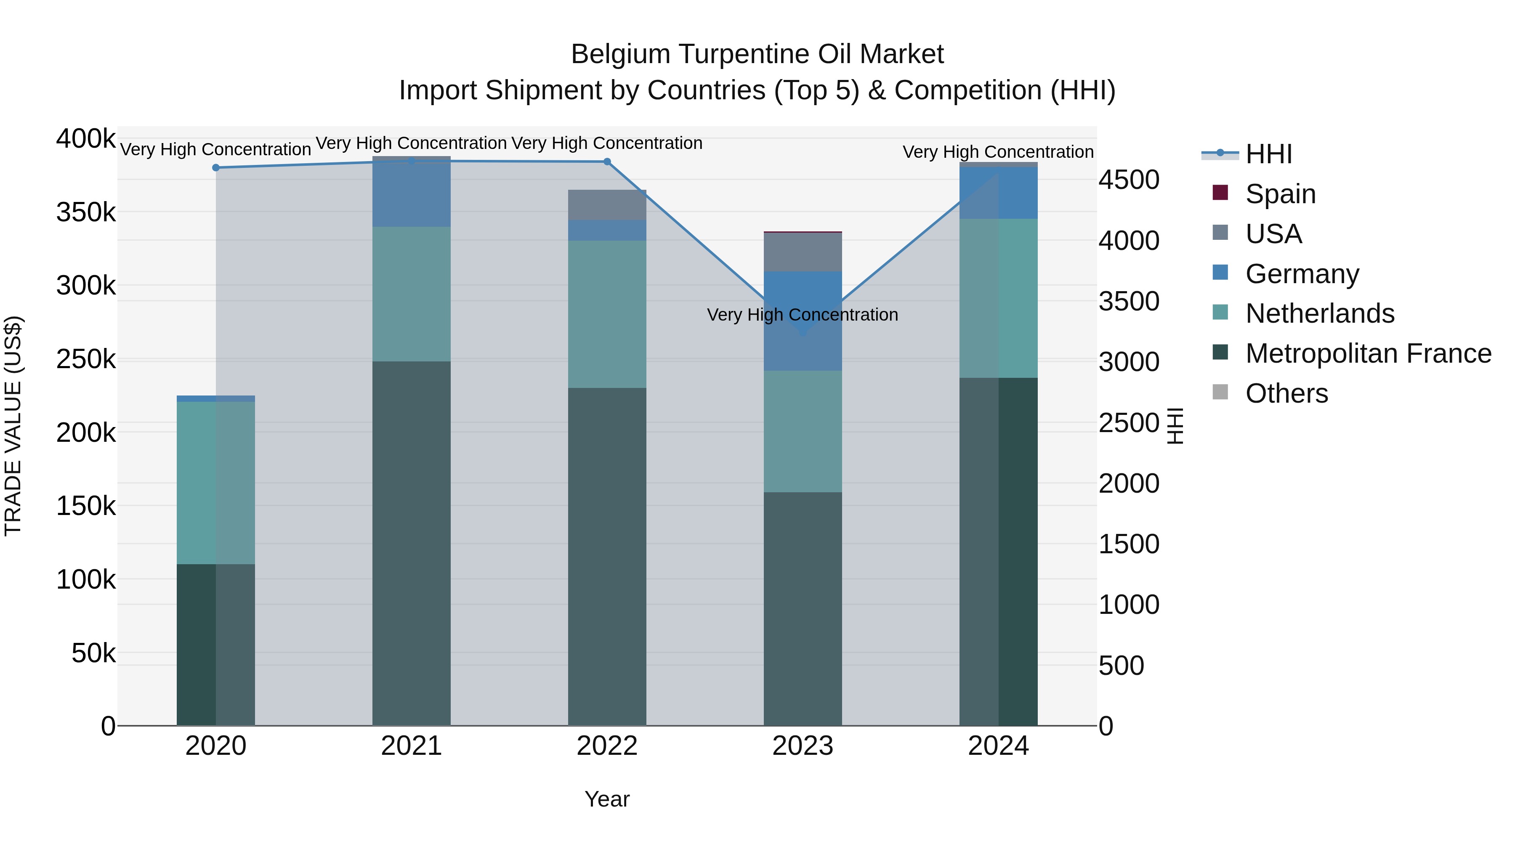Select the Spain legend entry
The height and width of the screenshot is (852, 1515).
1280,194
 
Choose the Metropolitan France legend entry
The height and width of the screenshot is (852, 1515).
1368,353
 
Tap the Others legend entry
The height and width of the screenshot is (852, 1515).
1286,393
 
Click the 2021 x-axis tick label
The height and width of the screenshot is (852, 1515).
411,746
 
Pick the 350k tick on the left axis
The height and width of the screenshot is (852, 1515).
86,212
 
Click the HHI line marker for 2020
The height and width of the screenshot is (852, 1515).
216,167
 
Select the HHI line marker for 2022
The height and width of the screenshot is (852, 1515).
607,162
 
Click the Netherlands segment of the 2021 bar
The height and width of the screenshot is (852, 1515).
411,294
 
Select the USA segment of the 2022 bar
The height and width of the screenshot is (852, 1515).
607,204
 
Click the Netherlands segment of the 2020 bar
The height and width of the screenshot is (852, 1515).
216,483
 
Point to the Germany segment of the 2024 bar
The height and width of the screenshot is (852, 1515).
998,193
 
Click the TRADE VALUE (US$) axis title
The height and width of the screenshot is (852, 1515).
13,426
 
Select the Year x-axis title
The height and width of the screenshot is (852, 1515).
607,799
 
